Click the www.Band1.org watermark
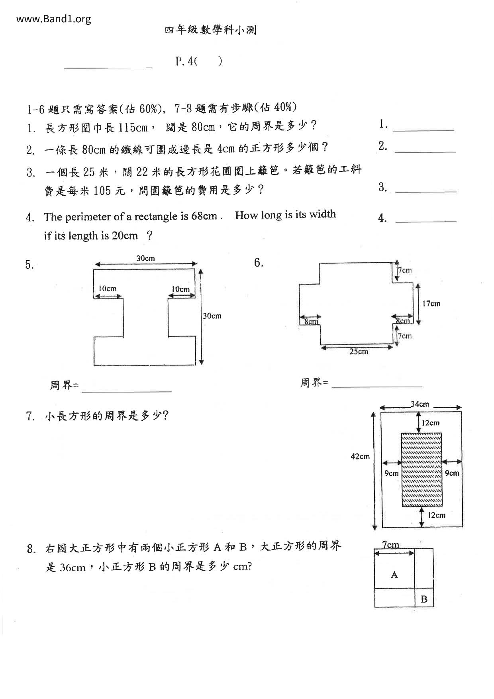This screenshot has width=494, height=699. coord(54,19)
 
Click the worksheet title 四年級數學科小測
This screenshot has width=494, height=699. coord(210,30)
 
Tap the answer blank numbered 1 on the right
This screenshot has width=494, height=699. coord(423,128)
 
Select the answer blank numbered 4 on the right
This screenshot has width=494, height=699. coord(425,219)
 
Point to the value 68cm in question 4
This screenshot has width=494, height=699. coord(204,216)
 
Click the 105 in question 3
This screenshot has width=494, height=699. coord(102,191)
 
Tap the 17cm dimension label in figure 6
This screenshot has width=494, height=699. coord(431,304)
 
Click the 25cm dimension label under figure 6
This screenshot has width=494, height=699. coord(359,352)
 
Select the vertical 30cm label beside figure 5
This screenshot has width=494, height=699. coord(212,316)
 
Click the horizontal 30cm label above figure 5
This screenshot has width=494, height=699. coord(145,259)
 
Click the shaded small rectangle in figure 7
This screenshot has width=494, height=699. coord(421,469)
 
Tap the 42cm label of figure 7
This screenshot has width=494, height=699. coord(360,457)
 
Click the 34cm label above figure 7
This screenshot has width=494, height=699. coord(420,404)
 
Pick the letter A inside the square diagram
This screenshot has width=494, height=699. coord(394,575)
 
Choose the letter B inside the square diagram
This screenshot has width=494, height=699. coord(424,599)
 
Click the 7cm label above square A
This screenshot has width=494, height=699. coord(390,545)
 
